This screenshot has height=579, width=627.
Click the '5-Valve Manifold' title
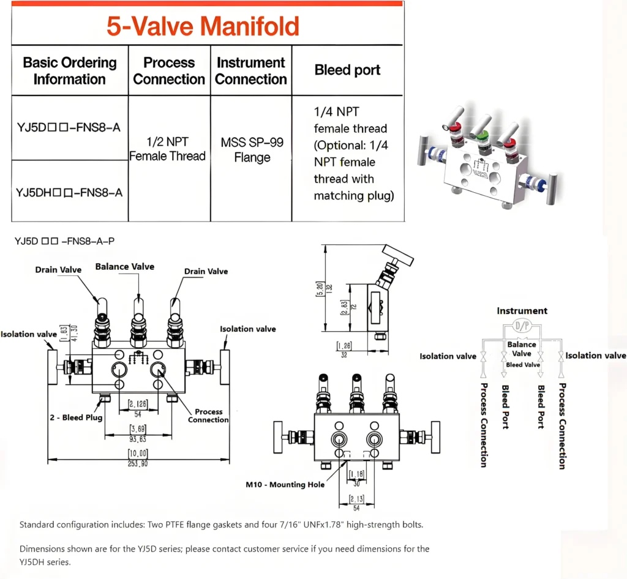(x=203, y=26)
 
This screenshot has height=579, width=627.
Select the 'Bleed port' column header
(x=347, y=70)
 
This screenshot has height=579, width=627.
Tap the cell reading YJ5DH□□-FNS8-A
(x=69, y=192)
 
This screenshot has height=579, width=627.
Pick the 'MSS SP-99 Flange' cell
(x=252, y=150)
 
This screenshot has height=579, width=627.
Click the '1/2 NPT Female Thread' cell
(x=168, y=149)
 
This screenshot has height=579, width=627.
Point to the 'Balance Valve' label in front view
(x=125, y=266)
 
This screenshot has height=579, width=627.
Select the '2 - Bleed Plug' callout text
(x=75, y=417)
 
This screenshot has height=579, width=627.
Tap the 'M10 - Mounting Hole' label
(x=285, y=485)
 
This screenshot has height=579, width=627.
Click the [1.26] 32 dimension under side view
(x=344, y=349)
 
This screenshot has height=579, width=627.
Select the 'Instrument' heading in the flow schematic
(x=522, y=311)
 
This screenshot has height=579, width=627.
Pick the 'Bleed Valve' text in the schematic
(x=522, y=365)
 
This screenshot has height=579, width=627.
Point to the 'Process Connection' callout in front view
(x=208, y=416)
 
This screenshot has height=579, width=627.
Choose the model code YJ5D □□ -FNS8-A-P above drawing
(x=64, y=241)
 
